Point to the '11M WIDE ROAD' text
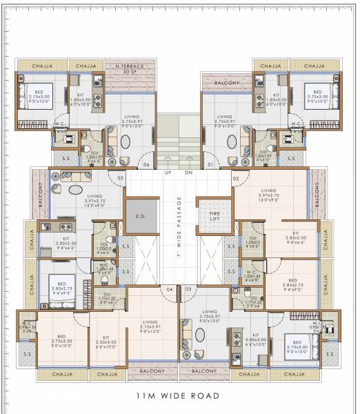pos(179,396)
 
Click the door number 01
pos(210,166)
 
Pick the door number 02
pos(235,178)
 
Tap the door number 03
pos(189,288)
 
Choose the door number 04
pos(169,288)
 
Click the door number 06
pos(146,166)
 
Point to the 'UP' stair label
pos(168,173)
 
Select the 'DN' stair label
pos(189,173)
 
